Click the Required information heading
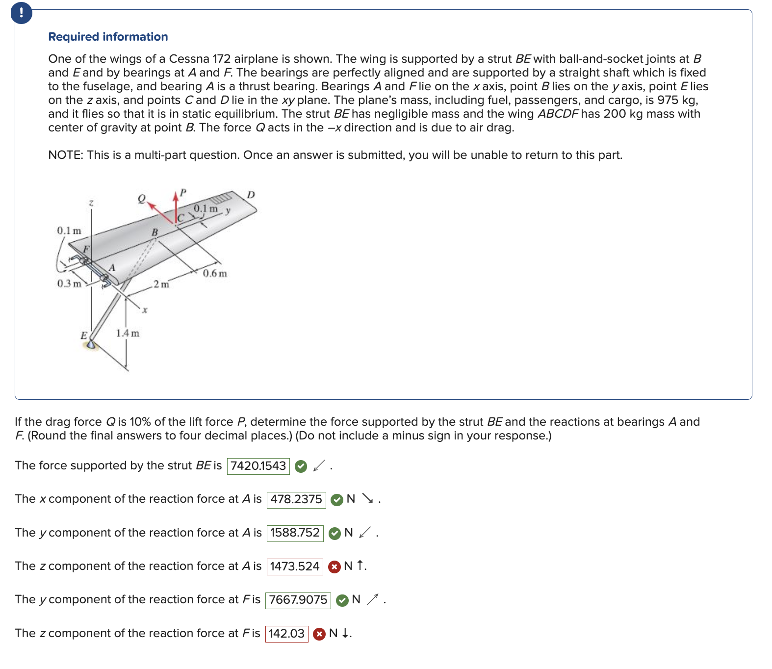(x=108, y=37)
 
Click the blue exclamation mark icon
(x=22, y=13)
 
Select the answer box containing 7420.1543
(x=258, y=466)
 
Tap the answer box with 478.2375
(x=296, y=499)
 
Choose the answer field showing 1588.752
(x=295, y=533)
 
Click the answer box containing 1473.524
(x=294, y=566)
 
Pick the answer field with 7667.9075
(x=298, y=600)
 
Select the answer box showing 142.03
(x=286, y=634)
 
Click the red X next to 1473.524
(x=335, y=567)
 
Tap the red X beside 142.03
(x=319, y=634)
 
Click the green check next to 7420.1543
(x=301, y=466)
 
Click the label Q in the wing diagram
(x=142, y=199)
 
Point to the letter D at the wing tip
(x=251, y=195)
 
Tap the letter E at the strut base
(x=84, y=336)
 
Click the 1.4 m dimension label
(x=128, y=334)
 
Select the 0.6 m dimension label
(x=215, y=274)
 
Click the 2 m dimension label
(x=161, y=284)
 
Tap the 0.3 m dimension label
(x=69, y=284)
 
